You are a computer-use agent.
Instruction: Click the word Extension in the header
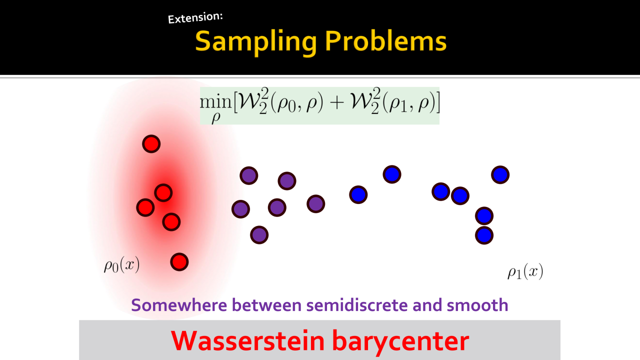[195, 17]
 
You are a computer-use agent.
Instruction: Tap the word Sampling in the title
[256, 41]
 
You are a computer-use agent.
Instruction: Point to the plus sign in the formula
[336, 102]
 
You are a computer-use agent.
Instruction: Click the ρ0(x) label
[121, 265]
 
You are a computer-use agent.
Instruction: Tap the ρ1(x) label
[525, 271]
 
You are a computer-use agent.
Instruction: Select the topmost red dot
[151, 143]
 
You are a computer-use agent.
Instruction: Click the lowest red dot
[179, 262]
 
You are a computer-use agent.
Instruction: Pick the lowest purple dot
[259, 235]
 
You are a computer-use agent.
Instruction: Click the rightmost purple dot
[315, 203]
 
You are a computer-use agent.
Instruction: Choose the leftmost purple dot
[240, 209]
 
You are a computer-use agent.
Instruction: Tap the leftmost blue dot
[358, 194]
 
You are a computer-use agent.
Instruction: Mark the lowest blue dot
[484, 235]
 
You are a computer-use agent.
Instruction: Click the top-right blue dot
[500, 174]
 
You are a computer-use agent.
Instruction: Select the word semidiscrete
[357, 305]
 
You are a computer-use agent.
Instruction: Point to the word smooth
[477, 305]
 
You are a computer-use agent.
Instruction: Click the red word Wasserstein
[247, 340]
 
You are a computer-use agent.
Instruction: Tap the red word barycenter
[400, 342]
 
